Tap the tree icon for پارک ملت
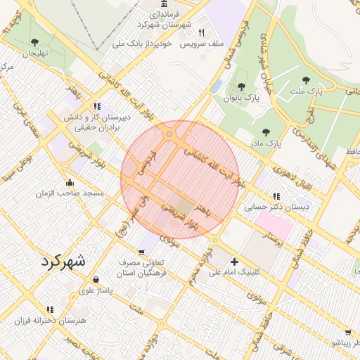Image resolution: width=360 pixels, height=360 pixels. tap(304, 79)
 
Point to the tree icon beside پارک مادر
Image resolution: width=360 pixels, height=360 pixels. tap(266, 131)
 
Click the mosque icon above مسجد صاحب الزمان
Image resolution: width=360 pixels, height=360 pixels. tap(69, 182)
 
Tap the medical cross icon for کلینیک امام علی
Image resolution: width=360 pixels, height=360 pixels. tap(234, 262)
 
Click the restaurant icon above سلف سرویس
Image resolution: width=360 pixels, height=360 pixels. tap(202, 32)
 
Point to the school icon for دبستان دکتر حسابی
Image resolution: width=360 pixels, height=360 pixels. tap(276, 196)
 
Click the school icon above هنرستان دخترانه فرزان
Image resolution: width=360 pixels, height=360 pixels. tap(49, 309)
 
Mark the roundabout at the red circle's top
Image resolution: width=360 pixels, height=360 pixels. tap(169, 134)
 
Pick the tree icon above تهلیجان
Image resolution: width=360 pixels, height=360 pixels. tap(35, 42)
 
